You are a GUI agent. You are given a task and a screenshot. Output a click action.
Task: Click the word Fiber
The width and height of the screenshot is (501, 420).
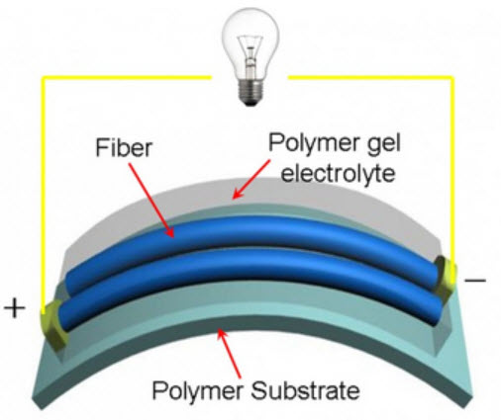point(124,147)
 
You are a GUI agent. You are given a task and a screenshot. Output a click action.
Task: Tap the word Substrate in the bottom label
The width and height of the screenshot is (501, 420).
point(305,390)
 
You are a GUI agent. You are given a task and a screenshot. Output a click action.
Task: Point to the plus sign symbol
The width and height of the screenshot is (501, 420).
point(14,308)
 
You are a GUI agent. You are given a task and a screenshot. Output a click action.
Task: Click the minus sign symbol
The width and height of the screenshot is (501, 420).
point(475,281)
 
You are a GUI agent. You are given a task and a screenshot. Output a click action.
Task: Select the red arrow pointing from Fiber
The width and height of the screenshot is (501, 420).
point(151,201)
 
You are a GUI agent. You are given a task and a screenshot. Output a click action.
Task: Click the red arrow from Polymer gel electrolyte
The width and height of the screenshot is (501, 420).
point(251,179)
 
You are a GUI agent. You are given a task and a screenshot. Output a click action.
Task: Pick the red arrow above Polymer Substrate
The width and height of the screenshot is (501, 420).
point(229,354)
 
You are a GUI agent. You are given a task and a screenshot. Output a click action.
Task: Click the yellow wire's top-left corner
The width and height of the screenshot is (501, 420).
point(43,78)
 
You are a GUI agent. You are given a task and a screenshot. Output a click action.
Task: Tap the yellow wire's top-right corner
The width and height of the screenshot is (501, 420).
point(452,78)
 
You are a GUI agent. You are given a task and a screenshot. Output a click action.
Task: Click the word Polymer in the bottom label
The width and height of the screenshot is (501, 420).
point(197,391)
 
